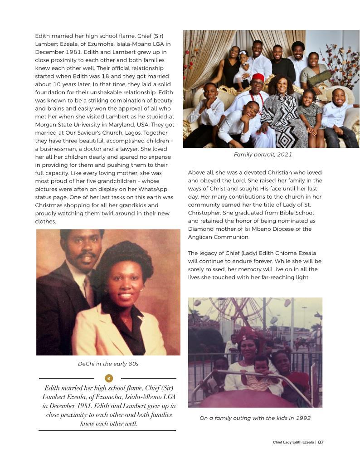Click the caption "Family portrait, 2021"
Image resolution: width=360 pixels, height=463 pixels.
tap(263, 155)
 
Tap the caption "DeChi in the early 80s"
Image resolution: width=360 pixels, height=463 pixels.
tap(108, 364)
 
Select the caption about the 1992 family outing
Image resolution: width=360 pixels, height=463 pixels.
tap(255, 418)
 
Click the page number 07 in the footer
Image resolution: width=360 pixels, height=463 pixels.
tap(321, 443)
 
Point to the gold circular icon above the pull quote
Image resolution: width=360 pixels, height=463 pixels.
tap(108, 378)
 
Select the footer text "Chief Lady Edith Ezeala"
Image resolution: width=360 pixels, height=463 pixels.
tap(293, 443)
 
